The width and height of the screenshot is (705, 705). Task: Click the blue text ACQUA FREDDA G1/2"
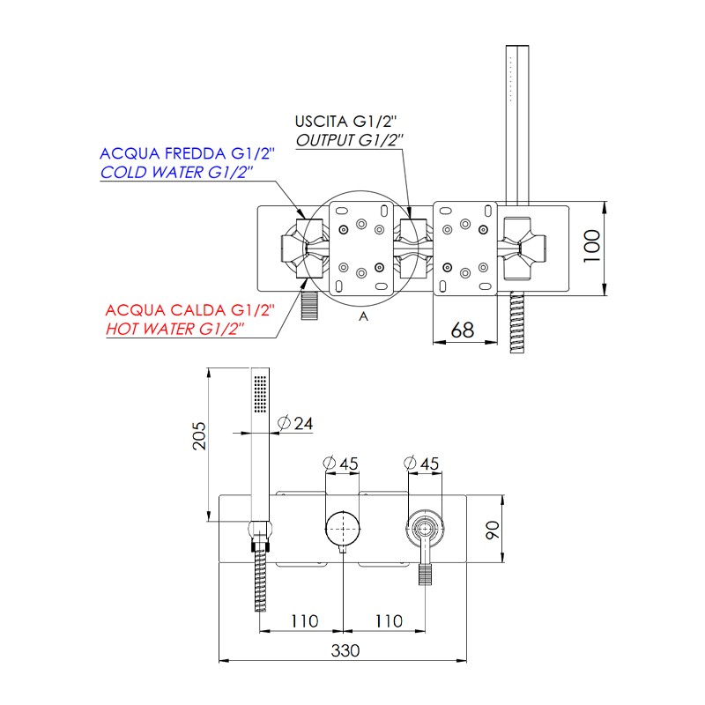coord(188,153)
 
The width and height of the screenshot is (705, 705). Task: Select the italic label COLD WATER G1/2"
coord(177,173)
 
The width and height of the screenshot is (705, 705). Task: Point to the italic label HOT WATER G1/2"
coord(174,329)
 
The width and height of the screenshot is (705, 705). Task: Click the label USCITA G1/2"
coord(347,121)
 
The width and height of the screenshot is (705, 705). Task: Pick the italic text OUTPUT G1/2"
coord(349,139)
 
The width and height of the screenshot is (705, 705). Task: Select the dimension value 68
coord(462,330)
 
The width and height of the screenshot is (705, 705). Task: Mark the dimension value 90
coord(493,531)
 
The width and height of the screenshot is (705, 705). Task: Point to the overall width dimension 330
coord(345,650)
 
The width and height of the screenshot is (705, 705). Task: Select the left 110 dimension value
coord(303,620)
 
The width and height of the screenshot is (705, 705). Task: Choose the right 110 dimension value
coord(388,620)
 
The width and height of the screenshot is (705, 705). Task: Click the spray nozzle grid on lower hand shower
coord(260,392)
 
